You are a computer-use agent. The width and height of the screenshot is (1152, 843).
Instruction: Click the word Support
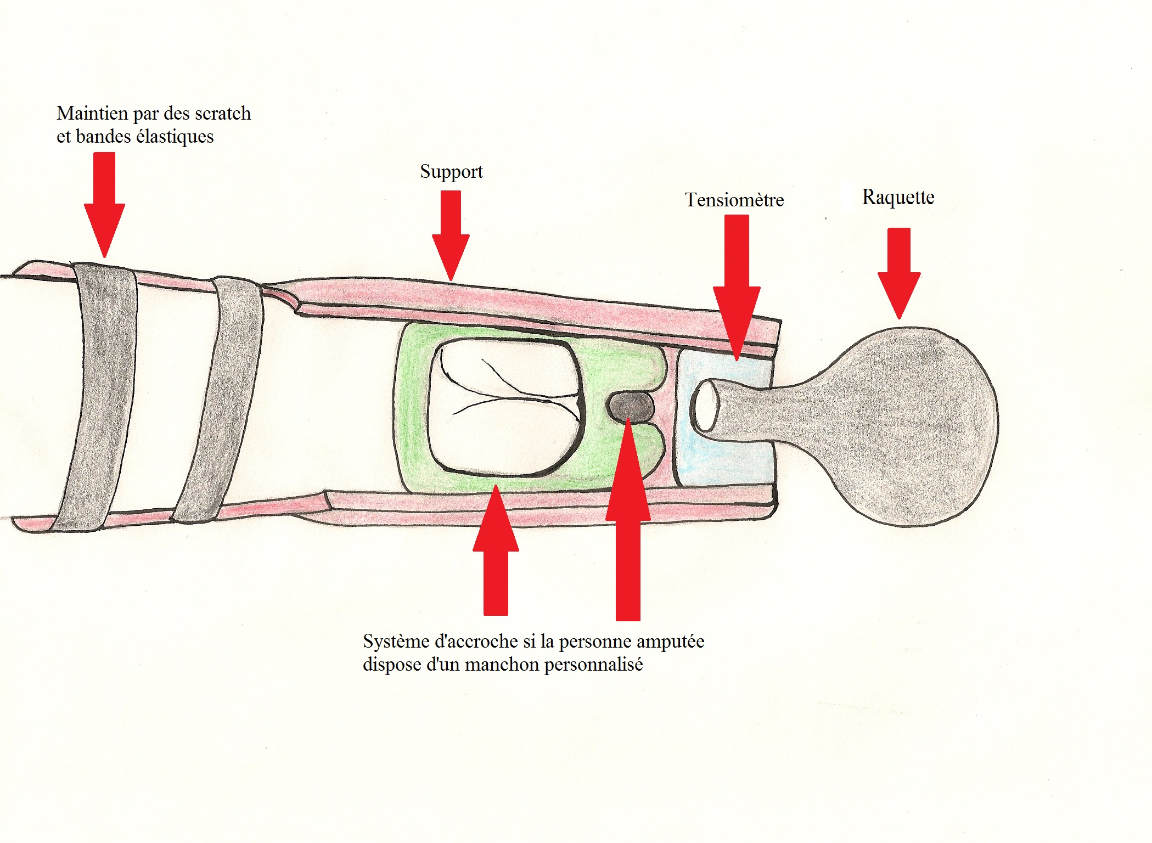[451, 172]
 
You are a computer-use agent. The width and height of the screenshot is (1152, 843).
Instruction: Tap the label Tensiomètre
[734, 200]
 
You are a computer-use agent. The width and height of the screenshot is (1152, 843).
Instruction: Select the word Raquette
[898, 197]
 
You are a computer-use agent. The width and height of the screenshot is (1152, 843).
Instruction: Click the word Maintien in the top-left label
[92, 114]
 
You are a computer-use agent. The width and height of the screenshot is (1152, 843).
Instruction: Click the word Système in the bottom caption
[395, 642]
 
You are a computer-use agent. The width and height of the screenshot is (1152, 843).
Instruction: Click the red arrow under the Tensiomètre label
[737, 285]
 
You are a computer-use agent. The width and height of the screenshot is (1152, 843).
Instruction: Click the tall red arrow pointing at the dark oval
[628, 521]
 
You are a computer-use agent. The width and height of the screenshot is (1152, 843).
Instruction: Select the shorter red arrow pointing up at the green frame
[496, 549]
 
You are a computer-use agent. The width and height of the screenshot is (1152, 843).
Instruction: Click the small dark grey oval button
[631, 406]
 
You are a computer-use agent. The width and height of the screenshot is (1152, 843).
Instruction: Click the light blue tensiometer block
[724, 456]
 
